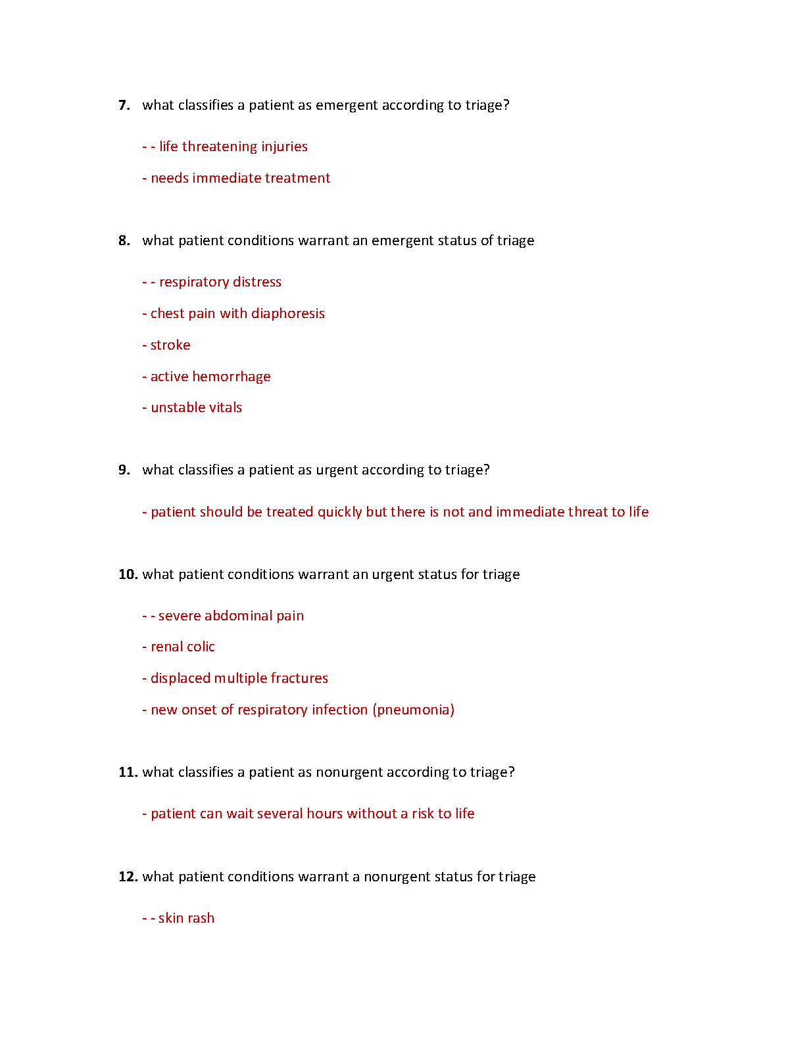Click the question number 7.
[x=124, y=105]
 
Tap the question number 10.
[x=128, y=574]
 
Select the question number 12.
[x=128, y=877]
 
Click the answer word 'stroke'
[x=170, y=345]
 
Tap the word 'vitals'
[x=224, y=407]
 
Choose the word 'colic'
[x=200, y=647]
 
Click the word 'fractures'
[x=299, y=678]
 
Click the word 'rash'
[x=201, y=918]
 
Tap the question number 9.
[x=124, y=470]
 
